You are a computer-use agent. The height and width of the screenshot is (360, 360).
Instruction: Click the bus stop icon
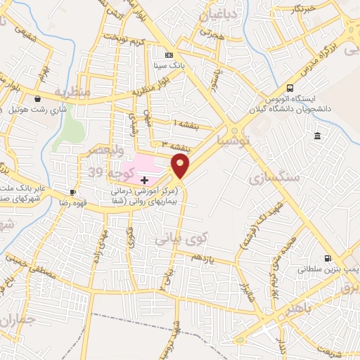(x=291, y=89)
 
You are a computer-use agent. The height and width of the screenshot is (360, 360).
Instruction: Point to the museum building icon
(x=318, y=136)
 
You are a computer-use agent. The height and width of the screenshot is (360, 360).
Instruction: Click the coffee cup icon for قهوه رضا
(x=72, y=192)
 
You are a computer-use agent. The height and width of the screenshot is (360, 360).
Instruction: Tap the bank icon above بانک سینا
(x=168, y=55)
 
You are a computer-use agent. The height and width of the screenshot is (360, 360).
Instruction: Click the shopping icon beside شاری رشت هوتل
(x=36, y=99)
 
